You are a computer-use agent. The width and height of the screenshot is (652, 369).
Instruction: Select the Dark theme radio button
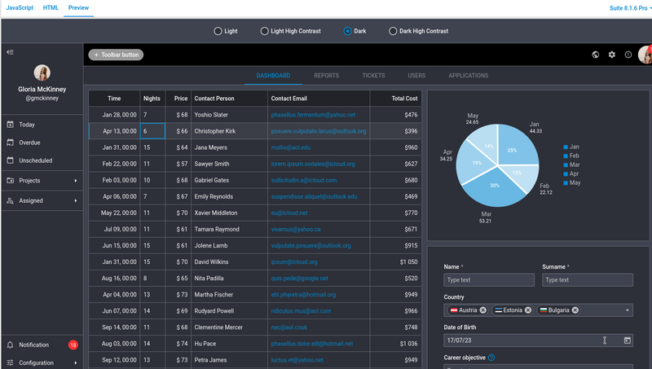click(x=348, y=31)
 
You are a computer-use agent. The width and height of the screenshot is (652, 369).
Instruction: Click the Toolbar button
click(x=115, y=55)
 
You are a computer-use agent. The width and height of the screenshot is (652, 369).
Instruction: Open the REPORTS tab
click(x=326, y=76)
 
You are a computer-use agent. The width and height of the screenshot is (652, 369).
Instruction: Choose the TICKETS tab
click(x=374, y=76)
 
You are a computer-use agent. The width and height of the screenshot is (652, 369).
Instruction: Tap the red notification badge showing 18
click(x=73, y=345)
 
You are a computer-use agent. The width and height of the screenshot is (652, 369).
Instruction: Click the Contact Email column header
click(x=289, y=99)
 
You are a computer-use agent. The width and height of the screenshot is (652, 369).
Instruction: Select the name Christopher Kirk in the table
click(x=215, y=131)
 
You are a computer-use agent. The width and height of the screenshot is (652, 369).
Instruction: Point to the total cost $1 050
click(x=404, y=261)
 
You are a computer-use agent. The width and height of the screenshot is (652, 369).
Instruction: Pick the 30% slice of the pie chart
click(x=495, y=185)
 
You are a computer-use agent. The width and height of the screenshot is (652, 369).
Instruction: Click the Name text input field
click(x=489, y=280)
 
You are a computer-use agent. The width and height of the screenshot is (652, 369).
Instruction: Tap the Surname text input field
click(x=587, y=280)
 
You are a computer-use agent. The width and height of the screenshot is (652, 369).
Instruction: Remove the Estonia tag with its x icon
click(x=529, y=310)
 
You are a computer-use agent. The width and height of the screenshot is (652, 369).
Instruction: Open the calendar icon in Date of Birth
click(x=627, y=340)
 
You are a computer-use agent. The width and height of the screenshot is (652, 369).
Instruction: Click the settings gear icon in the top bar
click(x=612, y=55)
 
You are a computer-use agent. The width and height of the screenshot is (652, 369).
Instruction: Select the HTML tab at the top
click(x=51, y=7)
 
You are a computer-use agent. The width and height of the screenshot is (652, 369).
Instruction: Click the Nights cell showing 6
click(x=152, y=131)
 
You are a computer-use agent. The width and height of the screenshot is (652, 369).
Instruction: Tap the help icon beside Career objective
click(x=491, y=358)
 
